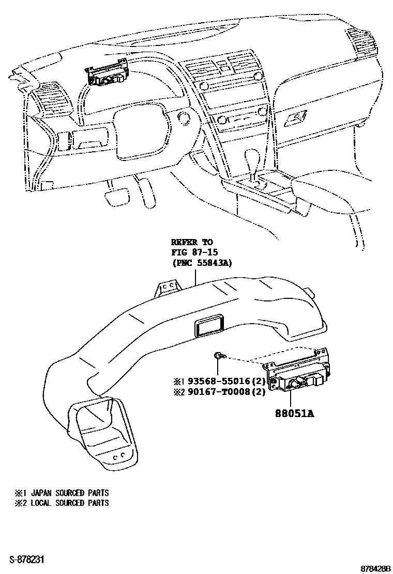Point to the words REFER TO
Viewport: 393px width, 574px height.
point(191,242)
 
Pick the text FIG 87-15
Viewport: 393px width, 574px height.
point(195,252)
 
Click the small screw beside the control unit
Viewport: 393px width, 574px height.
point(219,356)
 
